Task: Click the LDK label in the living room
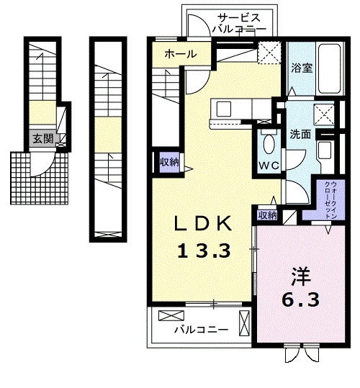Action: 203,223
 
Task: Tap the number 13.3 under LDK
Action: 204,251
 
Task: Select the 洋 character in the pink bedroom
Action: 301,276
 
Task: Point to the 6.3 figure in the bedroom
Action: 301,299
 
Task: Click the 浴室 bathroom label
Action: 302,68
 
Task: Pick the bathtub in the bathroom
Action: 330,68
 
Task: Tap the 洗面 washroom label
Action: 300,134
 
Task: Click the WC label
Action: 269,166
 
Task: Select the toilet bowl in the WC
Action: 269,144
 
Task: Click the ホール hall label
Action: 181,53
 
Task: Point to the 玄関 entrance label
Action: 43,139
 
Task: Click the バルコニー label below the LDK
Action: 201,330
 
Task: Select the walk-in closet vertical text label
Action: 330,199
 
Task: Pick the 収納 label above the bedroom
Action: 267,215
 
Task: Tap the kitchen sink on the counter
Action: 224,109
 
